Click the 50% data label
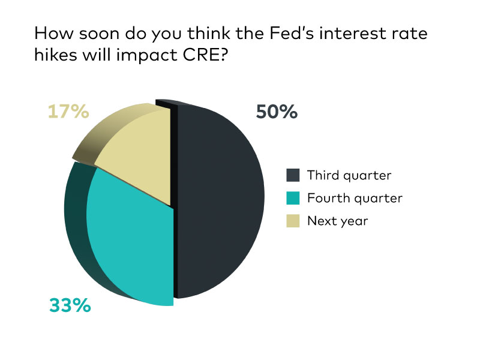(x=277, y=112)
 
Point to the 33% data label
(x=70, y=305)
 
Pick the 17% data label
(x=68, y=112)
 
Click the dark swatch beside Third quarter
(x=293, y=175)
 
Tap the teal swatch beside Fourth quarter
(x=293, y=198)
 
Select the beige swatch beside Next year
(x=293, y=221)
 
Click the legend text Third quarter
(x=349, y=176)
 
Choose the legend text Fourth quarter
(x=355, y=199)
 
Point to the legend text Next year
(x=338, y=221)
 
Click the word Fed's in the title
(x=292, y=33)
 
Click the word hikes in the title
(x=56, y=55)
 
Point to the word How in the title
(x=54, y=33)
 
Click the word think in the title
(x=209, y=33)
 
